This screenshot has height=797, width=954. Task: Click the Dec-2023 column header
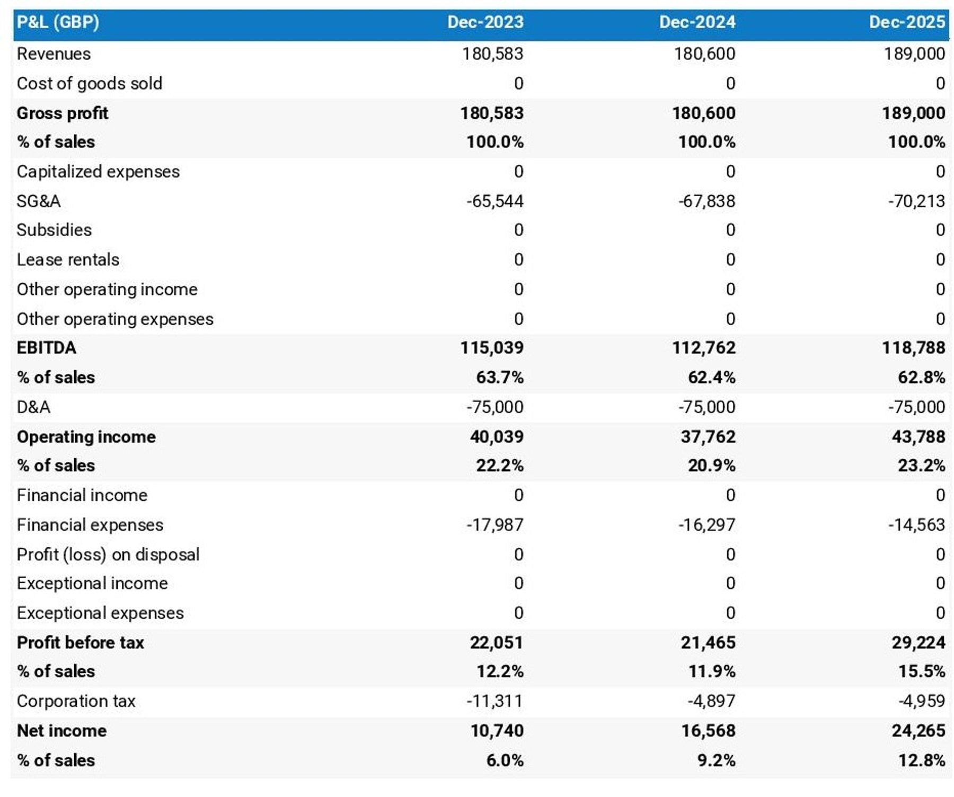click(485, 22)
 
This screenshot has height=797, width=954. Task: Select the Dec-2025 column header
click(906, 22)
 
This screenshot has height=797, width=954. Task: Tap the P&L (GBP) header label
click(58, 22)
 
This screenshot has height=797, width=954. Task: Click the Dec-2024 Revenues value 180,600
click(704, 54)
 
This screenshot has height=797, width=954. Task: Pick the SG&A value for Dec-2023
click(494, 201)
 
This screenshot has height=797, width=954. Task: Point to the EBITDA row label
click(47, 348)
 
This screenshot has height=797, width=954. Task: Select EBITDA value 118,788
click(913, 348)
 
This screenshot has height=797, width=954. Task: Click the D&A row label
click(33, 407)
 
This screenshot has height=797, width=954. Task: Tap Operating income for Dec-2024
click(708, 436)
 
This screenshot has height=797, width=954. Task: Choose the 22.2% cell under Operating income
click(499, 466)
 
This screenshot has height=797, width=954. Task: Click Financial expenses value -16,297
click(706, 524)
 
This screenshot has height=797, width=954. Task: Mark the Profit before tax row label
click(81, 642)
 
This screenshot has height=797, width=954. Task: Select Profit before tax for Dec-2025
click(918, 642)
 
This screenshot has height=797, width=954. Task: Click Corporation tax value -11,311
click(494, 701)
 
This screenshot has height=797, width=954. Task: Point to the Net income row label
click(62, 731)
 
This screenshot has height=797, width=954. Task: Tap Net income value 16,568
click(708, 731)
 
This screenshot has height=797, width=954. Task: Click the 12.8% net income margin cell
click(921, 760)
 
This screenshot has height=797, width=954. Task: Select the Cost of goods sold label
click(90, 83)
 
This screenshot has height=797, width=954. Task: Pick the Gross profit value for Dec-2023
click(492, 113)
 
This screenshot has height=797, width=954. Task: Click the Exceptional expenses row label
click(100, 613)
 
